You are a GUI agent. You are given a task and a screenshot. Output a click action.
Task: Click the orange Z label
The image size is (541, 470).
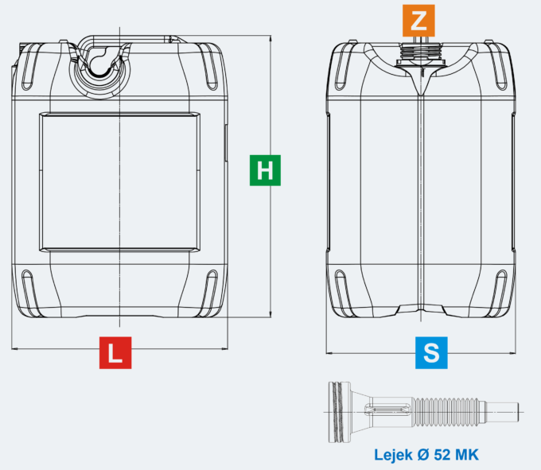click(x=418, y=21)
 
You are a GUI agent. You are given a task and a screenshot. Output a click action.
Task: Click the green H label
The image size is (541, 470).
click(x=265, y=170)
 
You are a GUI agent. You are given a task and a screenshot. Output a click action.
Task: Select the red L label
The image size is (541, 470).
click(x=115, y=353)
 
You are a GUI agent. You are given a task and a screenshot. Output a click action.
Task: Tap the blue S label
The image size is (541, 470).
click(x=431, y=353)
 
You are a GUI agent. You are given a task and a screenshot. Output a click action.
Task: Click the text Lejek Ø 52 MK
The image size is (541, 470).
click(x=426, y=455)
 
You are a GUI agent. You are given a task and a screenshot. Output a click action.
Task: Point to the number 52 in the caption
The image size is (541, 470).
click(x=442, y=455)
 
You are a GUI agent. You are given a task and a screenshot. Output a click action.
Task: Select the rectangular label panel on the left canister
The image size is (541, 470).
click(x=119, y=182)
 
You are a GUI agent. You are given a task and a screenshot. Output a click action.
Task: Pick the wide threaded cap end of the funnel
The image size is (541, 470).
click(x=340, y=412)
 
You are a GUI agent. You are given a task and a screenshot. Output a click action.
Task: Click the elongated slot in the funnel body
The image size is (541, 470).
click(x=387, y=409)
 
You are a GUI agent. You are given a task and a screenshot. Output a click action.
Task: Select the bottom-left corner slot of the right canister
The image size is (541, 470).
click(x=344, y=293)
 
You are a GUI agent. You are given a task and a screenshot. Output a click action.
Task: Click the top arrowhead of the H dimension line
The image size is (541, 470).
click(x=270, y=38)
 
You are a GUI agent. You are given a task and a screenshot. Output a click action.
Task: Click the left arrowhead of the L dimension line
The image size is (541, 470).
click(x=14, y=349)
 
